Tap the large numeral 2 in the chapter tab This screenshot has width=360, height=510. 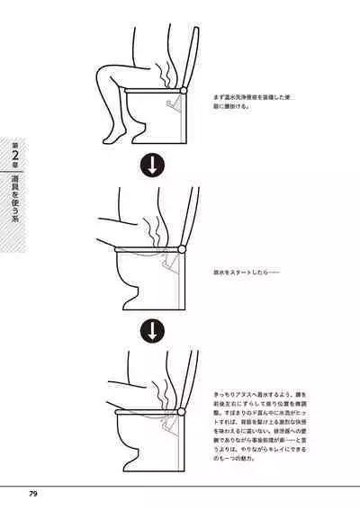(16, 161)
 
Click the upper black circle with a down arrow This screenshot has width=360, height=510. (152, 166)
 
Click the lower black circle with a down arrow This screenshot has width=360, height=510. (152, 330)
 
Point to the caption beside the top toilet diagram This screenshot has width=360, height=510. (246, 100)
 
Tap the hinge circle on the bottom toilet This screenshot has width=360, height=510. (185, 415)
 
